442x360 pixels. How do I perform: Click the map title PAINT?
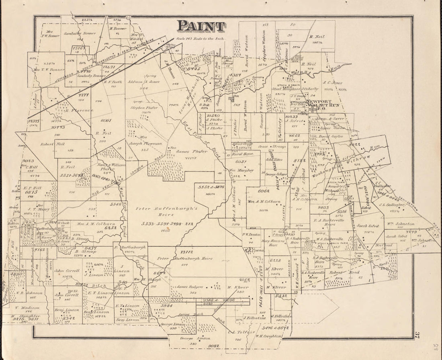pos(201,26)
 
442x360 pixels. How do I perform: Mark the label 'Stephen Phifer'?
pos(144,108)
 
